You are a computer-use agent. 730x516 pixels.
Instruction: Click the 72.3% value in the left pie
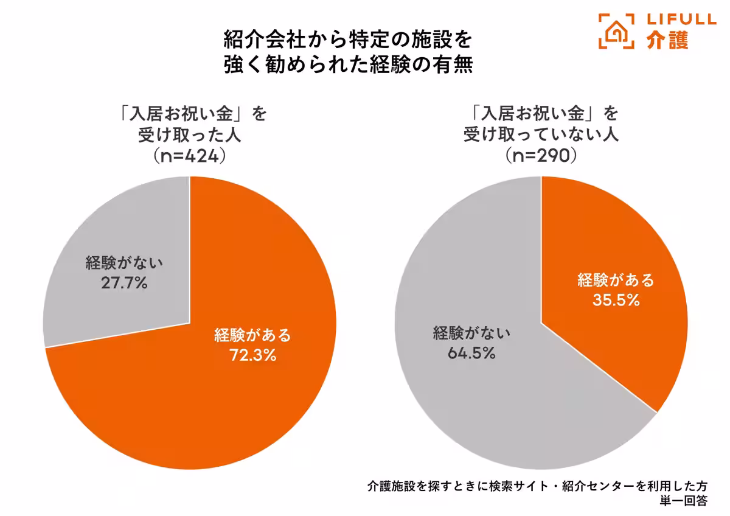tap(253, 355)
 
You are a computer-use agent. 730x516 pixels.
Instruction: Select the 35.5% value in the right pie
tap(616, 300)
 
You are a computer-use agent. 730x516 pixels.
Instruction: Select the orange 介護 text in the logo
tap(667, 40)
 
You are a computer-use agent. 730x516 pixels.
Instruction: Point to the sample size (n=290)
tap(541, 155)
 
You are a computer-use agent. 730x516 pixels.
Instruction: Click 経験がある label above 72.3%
tap(253, 335)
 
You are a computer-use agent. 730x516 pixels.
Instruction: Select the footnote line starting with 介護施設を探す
tap(537, 486)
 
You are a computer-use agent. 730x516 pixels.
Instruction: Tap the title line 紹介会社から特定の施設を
tap(347, 40)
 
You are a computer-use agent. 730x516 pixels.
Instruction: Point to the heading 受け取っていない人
tap(541, 134)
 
